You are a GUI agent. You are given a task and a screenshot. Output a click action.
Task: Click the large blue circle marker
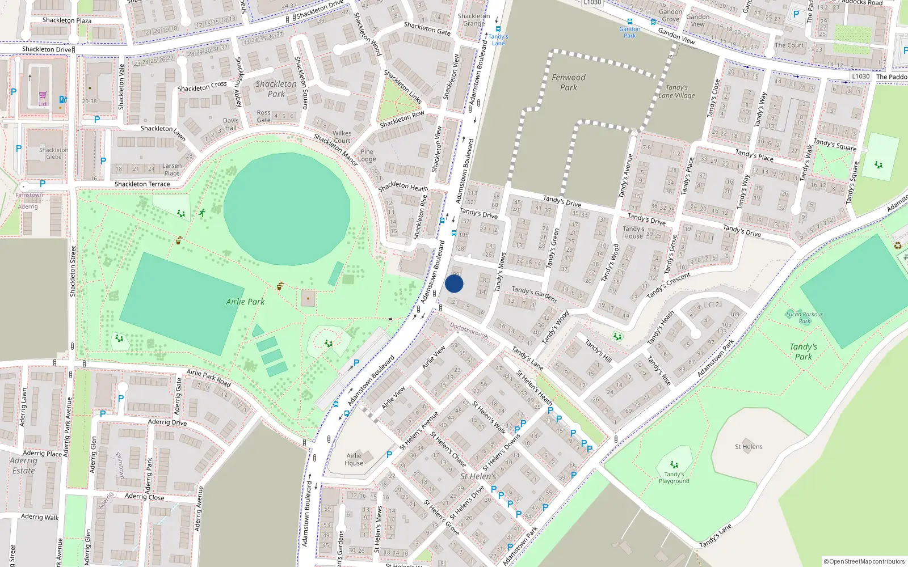(x=454, y=283)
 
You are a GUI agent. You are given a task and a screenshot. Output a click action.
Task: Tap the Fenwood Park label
(x=568, y=82)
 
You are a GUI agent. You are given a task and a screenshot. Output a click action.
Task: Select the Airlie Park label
(x=245, y=302)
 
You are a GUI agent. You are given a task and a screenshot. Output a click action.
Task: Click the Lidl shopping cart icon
(x=43, y=95)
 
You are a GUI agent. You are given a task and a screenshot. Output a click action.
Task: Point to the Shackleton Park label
(x=276, y=89)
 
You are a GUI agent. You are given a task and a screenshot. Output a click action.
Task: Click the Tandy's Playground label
(x=674, y=477)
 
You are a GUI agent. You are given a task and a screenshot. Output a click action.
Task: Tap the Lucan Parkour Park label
(x=804, y=318)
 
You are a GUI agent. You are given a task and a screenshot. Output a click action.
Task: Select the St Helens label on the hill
(x=749, y=447)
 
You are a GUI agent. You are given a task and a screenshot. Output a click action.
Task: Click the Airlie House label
(x=354, y=459)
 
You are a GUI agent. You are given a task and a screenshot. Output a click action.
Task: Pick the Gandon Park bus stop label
(x=629, y=32)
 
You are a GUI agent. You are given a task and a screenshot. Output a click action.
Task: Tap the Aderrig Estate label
(x=23, y=466)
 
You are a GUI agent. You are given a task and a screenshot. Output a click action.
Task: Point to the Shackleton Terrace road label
(x=142, y=184)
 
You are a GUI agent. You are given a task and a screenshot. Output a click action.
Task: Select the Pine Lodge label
(x=367, y=155)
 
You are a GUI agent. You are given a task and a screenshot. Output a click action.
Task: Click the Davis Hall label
(x=230, y=124)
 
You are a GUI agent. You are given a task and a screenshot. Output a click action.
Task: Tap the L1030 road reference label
(x=860, y=77)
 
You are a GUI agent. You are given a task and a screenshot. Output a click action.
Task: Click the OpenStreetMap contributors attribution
(x=864, y=561)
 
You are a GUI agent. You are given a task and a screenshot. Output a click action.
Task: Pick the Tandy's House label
(x=633, y=232)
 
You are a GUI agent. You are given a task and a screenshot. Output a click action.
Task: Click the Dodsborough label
(x=469, y=331)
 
